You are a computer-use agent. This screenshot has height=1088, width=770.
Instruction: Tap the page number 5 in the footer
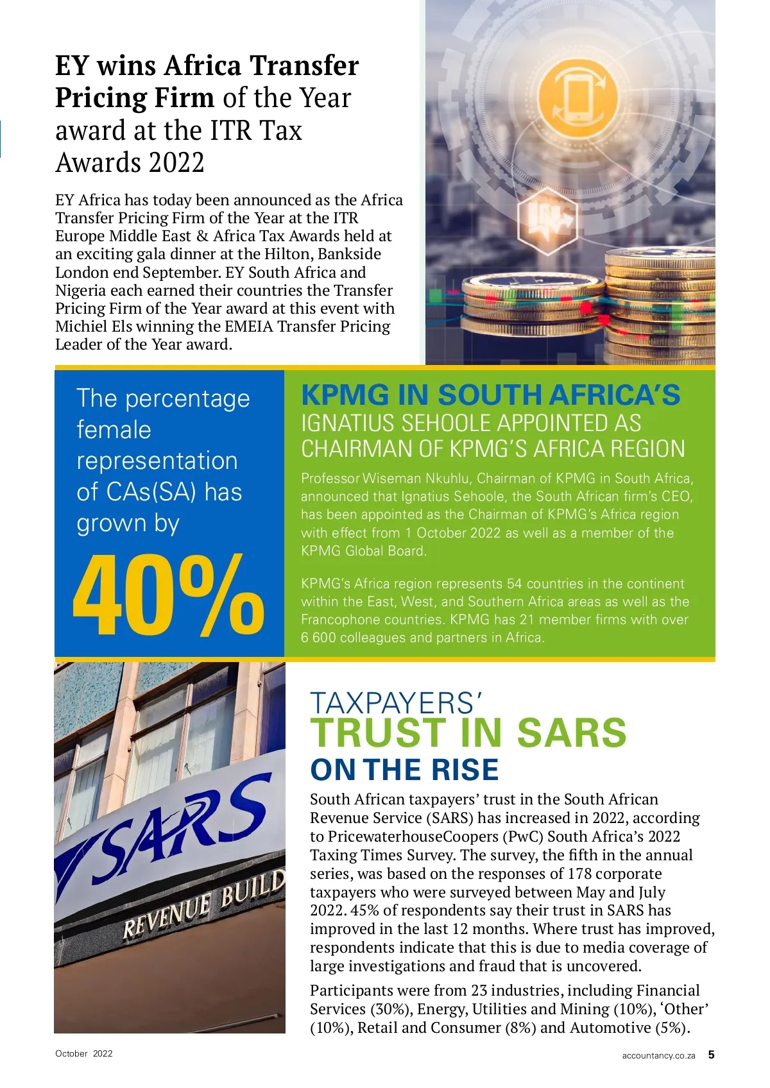[711, 1054]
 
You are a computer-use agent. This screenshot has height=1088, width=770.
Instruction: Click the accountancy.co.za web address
[658, 1055]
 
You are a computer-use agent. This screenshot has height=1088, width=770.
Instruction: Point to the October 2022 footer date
[83, 1053]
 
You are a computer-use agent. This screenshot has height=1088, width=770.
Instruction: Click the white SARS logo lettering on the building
[173, 834]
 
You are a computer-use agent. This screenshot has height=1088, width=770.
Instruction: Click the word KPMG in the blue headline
[345, 395]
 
